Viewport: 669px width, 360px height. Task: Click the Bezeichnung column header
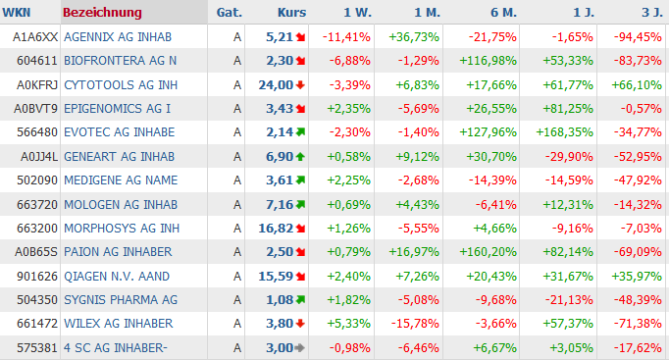[102, 13]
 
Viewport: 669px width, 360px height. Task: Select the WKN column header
[17, 13]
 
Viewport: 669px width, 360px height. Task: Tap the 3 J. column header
[652, 13]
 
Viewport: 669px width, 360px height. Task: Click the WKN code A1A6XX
[35, 37]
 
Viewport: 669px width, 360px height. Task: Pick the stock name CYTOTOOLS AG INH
[121, 85]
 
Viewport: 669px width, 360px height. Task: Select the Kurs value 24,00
[276, 85]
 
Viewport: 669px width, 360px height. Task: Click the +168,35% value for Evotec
[564, 132]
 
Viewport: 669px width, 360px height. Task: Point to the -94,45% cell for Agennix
[638, 37]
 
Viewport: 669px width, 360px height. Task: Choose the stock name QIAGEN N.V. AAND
[117, 277]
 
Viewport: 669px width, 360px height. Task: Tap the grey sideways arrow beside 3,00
[300, 348]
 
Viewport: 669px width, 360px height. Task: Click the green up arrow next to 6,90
[300, 157]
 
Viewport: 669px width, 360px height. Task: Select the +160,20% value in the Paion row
[489, 252]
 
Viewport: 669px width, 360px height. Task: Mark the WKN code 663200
[37, 229]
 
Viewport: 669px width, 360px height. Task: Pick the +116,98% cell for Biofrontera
[489, 61]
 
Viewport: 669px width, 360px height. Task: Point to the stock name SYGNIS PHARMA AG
[121, 300]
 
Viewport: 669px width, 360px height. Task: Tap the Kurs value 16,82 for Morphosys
[276, 229]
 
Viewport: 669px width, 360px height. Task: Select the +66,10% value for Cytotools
[637, 85]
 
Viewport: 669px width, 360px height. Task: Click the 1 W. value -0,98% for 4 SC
[349, 348]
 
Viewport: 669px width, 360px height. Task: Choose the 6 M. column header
[503, 13]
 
